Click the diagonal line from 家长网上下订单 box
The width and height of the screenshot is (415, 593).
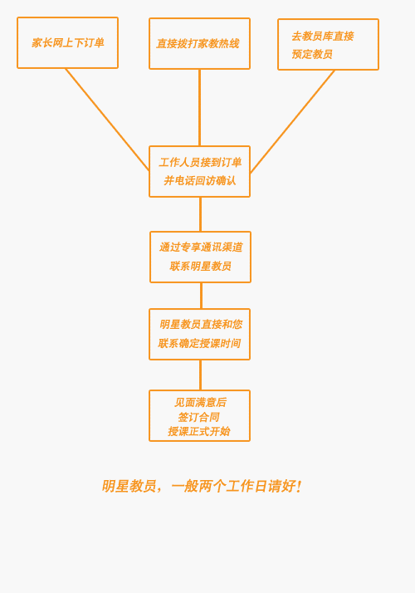107,120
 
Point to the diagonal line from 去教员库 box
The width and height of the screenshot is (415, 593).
292,121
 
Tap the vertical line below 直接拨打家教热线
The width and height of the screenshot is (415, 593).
199,107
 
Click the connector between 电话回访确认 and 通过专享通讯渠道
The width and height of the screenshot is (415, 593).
200,214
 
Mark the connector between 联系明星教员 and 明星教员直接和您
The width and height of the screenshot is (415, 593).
201,296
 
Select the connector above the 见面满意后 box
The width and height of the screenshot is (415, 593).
200,375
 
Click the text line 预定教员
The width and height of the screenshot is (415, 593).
312,54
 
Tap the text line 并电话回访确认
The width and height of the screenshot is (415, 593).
200,180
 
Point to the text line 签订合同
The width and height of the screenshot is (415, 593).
199,417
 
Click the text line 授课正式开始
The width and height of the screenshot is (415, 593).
199,431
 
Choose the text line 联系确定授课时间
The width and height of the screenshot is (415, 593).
199,343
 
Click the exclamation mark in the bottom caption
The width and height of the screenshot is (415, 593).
299,486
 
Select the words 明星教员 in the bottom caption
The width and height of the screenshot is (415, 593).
129,486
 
